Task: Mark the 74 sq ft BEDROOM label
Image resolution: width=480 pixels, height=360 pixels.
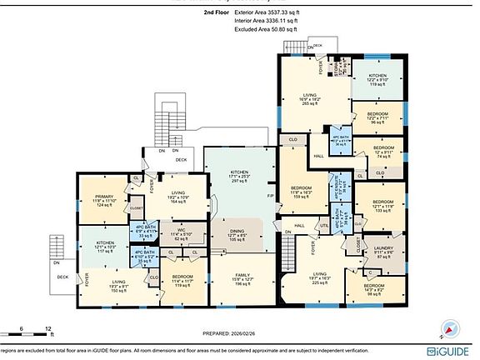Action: [382, 152]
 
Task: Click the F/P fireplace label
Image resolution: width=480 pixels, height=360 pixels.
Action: [270, 197]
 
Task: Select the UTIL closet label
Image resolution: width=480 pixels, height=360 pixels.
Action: [323, 225]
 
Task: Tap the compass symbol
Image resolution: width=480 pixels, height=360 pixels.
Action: [451, 327]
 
